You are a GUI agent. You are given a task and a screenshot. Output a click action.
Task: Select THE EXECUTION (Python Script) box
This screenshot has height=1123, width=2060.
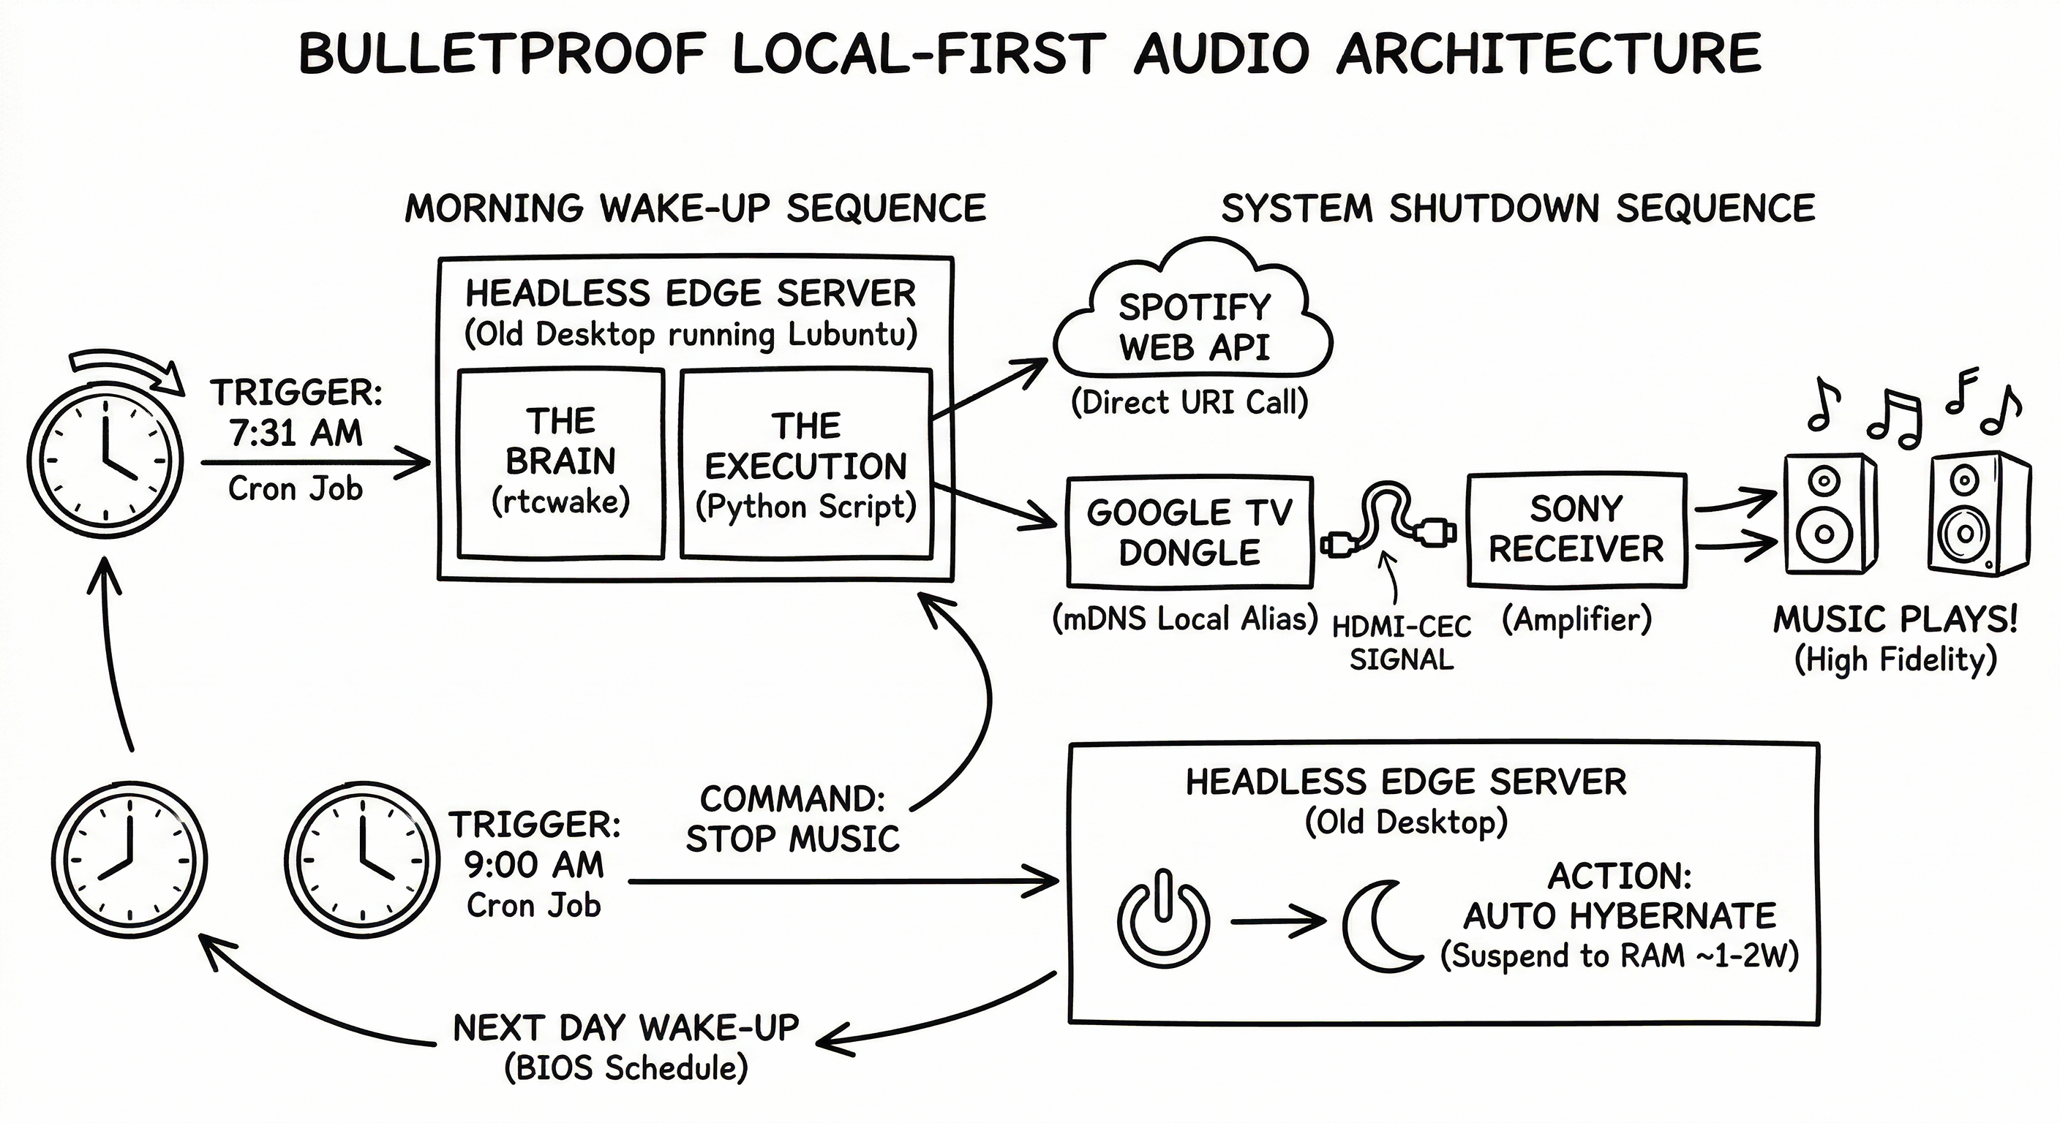tap(806, 464)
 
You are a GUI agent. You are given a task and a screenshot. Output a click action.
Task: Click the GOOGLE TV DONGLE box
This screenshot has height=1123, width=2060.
tap(1189, 532)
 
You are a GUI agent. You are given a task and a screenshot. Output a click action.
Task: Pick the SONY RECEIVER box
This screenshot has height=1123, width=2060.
tap(1576, 529)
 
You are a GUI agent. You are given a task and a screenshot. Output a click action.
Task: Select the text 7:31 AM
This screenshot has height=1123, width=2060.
tap(296, 434)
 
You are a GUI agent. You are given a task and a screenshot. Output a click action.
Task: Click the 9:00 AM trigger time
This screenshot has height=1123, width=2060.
tap(534, 865)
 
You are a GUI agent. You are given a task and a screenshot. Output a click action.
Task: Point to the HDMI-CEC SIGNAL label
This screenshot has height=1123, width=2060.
tap(1401, 643)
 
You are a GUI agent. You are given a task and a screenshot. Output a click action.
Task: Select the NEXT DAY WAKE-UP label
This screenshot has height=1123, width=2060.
tap(625, 1028)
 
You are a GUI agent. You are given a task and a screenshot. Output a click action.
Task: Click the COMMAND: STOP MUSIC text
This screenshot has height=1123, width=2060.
tap(792, 820)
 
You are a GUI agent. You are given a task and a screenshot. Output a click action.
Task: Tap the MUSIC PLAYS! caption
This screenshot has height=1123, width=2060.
tap(1895, 619)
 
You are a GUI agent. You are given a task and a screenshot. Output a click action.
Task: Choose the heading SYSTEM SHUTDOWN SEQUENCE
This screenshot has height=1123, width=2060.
tap(1518, 208)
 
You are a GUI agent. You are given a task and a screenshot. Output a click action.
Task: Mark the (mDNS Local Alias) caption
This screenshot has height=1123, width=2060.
tap(1184, 619)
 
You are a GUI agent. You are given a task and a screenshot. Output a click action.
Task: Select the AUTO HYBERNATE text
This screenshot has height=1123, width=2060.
tap(1620, 916)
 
